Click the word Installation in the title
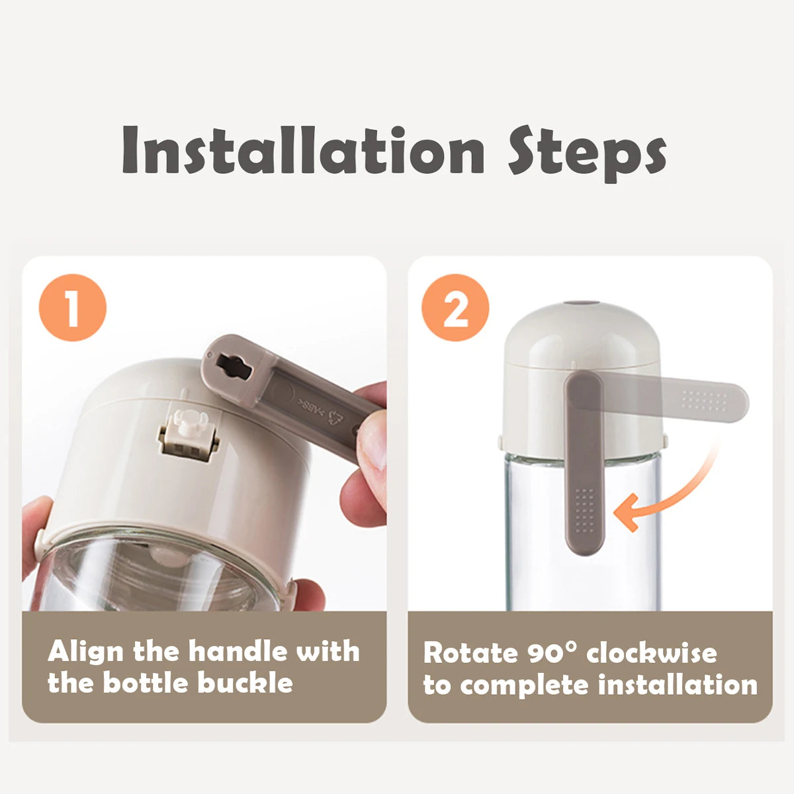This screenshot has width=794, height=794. pyautogui.click(x=303, y=149)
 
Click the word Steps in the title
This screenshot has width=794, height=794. pyautogui.click(x=587, y=154)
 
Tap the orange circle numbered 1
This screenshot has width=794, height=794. pyautogui.click(x=73, y=308)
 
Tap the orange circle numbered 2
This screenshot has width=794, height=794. pyautogui.click(x=455, y=308)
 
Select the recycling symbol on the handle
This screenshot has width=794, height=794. pyautogui.click(x=333, y=417)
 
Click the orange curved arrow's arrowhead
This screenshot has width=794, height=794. pyautogui.click(x=627, y=512)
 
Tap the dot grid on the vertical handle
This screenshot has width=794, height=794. pyautogui.click(x=585, y=511)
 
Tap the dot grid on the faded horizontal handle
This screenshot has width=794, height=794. pyautogui.click(x=705, y=400)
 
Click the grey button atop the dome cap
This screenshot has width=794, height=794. pyautogui.click(x=581, y=303)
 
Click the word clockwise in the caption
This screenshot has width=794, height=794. pyautogui.click(x=652, y=654)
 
